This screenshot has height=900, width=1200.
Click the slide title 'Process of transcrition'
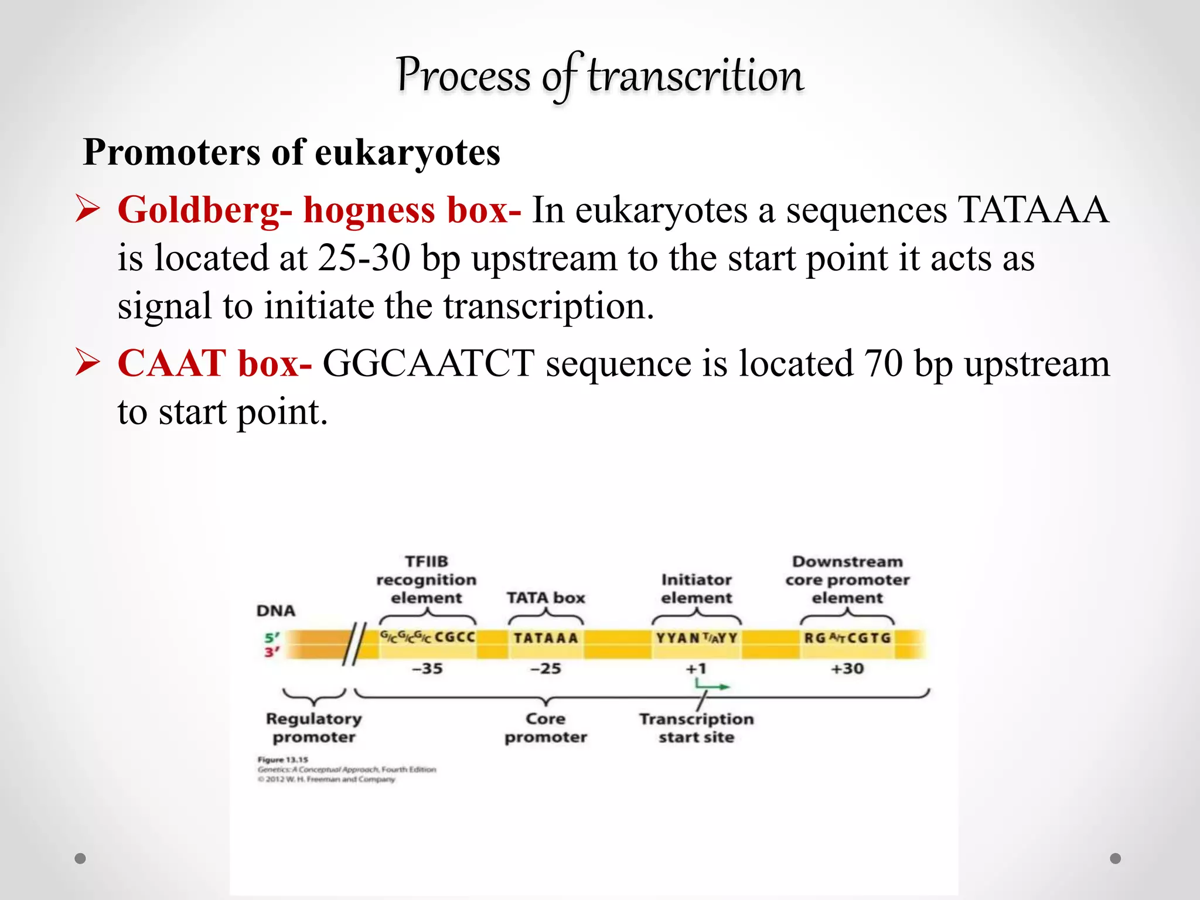click(599, 76)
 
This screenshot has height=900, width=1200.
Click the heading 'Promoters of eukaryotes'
click(291, 152)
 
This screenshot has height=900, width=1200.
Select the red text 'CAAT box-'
click(214, 363)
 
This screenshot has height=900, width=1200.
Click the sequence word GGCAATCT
click(428, 363)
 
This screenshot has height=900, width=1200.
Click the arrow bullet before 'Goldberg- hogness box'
click(88, 210)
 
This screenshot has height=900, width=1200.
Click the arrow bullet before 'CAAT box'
click(88, 363)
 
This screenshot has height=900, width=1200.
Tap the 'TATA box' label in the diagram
click(546, 598)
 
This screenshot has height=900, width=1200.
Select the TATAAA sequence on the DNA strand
click(546, 638)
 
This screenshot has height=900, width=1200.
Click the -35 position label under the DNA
click(427, 669)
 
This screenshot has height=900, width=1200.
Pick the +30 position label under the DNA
click(847, 669)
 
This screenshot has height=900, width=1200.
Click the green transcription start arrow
click(712, 686)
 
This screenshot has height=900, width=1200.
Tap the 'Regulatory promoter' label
click(313, 728)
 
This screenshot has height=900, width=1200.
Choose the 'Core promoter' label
click(546, 728)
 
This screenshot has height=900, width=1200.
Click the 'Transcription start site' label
click(696, 728)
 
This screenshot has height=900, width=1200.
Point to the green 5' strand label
click(272, 637)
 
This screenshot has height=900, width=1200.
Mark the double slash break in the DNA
click(354, 645)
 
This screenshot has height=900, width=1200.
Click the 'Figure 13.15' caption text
click(283, 759)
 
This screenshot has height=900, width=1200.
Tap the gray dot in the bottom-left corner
click(80, 858)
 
